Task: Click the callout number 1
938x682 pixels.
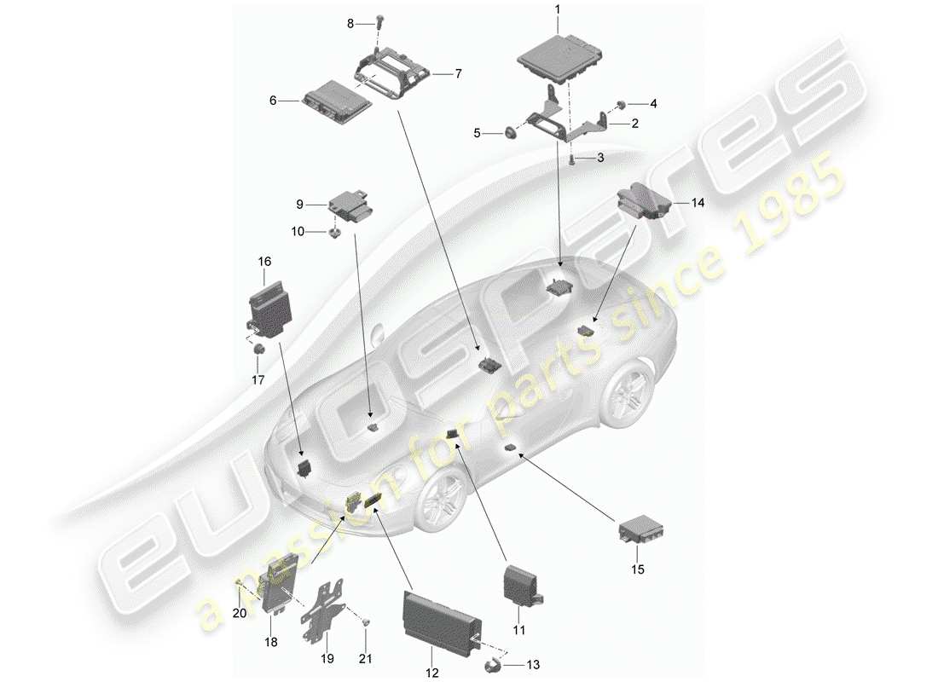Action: point(558,9)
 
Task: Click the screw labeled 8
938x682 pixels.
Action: point(376,25)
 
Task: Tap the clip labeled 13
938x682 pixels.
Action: point(494,663)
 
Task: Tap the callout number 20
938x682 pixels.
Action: point(240,612)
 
